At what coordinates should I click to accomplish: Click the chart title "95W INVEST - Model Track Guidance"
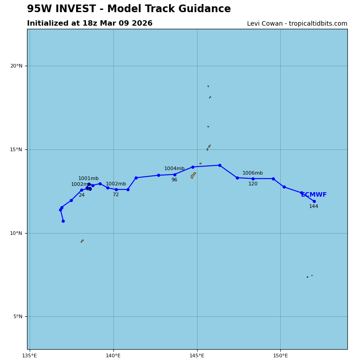pyautogui.click(x=129, y=9)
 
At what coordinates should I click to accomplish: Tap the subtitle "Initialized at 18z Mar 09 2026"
pyautogui.click(x=90, y=23)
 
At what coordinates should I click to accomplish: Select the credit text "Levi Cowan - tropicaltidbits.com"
pyautogui.click(x=297, y=24)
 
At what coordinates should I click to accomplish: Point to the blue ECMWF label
pyautogui.click(x=314, y=195)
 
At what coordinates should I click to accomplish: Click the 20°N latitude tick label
pyautogui.click(x=16, y=66)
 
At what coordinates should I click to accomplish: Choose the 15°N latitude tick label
pyautogui.click(x=16, y=150)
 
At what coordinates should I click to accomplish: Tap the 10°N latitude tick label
pyautogui.click(x=16, y=233)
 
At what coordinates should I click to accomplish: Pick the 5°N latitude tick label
pyautogui.click(x=18, y=317)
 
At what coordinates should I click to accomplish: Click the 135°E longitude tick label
pyautogui.click(x=30, y=355)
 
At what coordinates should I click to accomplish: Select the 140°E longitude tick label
pyautogui.click(x=113, y=355)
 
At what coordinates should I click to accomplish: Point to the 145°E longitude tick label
pyautogui.click(x=197, y=355)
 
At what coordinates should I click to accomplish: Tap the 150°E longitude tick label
pyautogui.click(x=280, y=355)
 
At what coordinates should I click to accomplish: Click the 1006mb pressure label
pyautogui.click(x=252, y=173)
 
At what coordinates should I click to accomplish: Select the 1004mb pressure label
pyautogui.click(x=174, y=169)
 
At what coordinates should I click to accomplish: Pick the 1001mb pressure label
pyautogui.click(x=88, y=179)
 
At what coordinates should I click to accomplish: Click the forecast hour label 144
pyautogui.click(x=314, y=207)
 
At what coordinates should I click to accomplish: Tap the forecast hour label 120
pyautogui.click(x=253, y=184)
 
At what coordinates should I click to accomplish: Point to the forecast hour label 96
pyautogui.click(x=174, y=180)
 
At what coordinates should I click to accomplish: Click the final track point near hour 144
pyautogui.click(x=314, y=201)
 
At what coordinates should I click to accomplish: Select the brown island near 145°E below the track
pyautogui.click(x=193, y=175)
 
